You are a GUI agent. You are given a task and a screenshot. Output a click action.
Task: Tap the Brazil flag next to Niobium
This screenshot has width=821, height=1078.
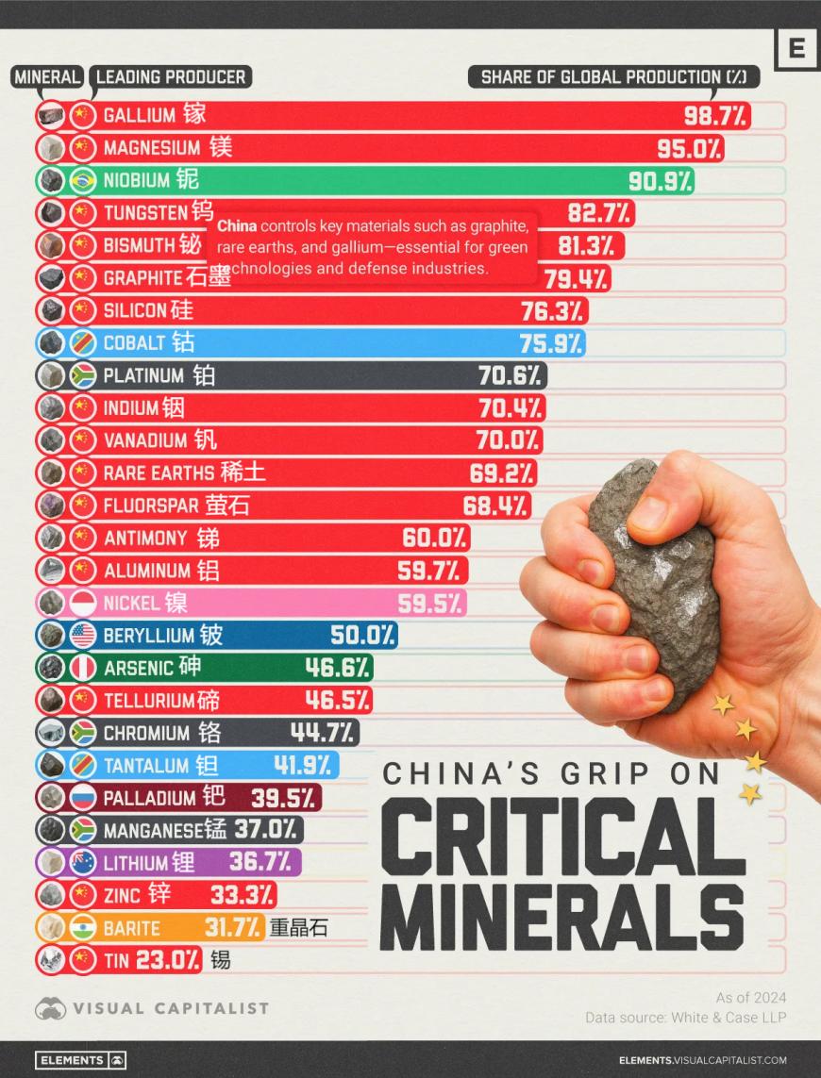pos(83,180)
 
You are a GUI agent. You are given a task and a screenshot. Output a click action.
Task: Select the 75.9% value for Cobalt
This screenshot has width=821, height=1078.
pos(551,343)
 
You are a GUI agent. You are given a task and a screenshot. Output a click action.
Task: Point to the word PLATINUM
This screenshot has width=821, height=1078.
pos(143,375)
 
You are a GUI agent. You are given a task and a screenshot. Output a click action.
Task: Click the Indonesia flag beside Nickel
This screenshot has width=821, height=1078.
pos(83,603)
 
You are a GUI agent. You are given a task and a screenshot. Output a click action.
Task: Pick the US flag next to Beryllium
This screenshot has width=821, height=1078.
pos(83,636)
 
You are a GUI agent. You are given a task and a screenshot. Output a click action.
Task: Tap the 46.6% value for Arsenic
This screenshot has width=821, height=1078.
pos(337,668)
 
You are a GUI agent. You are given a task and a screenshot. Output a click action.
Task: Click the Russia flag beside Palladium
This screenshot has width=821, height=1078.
pos(83,798)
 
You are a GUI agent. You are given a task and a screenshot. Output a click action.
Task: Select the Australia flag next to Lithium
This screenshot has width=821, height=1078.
pos(83,862)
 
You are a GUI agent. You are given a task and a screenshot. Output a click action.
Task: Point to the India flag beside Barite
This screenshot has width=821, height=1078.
pos(83,928)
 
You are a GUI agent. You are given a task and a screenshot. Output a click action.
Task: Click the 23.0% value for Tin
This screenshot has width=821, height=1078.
pos(170,960)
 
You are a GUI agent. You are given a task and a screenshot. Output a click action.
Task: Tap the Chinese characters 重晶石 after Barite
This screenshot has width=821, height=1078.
pos(298,928)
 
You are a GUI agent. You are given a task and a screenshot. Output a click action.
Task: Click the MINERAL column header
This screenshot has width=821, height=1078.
pos(47,77)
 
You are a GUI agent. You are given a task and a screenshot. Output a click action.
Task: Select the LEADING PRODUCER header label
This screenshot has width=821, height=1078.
pos(171,77)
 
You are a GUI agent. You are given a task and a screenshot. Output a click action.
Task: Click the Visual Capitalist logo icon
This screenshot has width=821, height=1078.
pos(50,1008)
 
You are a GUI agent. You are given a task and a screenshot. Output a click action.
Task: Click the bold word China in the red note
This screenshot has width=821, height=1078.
pos(237,226)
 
